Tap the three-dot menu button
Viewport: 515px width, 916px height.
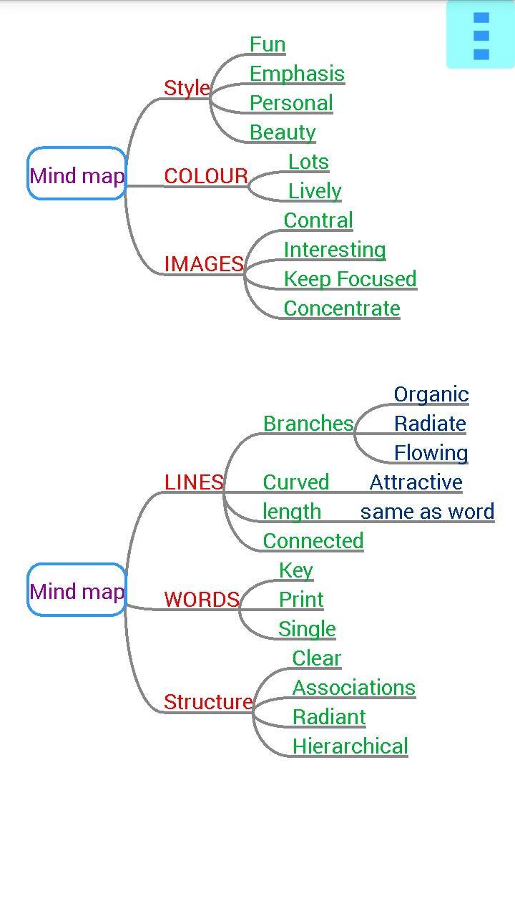[481, 35]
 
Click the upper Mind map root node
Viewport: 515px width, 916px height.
[77, 174]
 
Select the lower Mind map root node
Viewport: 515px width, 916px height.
[77, 590]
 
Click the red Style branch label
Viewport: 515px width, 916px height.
[187, 88]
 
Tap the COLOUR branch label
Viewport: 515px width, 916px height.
[206, 176]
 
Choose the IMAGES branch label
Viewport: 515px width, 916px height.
[204, 264]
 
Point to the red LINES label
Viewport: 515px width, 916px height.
[194, 482]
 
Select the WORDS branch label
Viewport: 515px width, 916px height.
[202, 600]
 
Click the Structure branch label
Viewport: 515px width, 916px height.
[208, 702]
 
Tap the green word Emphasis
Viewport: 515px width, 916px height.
[297, 74]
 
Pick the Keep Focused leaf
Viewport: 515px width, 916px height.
[350, 279]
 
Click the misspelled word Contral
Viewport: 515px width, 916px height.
[318, 220]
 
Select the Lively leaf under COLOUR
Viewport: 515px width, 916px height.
[315, 191]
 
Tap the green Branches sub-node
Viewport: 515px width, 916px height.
[308, 424]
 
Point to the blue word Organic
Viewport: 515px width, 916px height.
[431, 394]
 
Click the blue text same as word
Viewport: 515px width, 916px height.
[427, 512]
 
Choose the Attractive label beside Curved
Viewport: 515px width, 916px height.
[416, 482]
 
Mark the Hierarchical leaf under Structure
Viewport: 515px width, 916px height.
[350, 746]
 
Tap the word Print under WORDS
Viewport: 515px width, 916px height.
[301, 600]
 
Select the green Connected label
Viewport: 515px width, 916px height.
[313, 541]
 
